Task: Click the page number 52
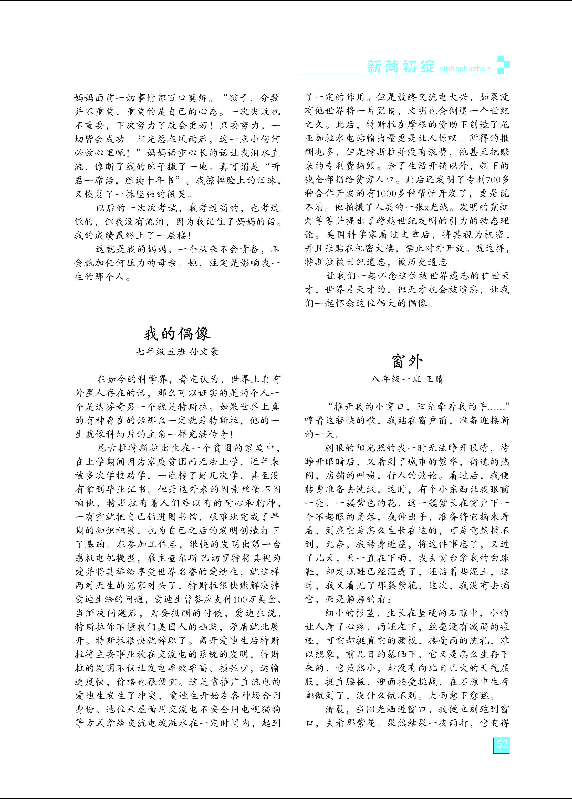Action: (x=502, y=744)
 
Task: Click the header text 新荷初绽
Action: (x=400, y=67)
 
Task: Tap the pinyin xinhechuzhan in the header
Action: (x=465, y=69)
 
